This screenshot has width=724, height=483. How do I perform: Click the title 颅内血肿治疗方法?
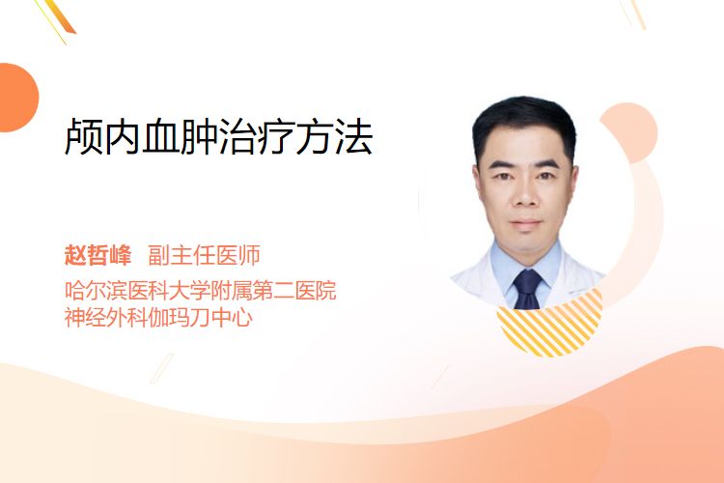(218, 136)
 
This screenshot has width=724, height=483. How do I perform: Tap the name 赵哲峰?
(97, 255)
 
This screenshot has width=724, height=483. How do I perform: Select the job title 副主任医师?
(204, 255)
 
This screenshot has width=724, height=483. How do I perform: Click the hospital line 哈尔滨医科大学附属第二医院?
(201, 290)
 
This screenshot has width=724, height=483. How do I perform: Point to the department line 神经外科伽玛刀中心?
(158, 317)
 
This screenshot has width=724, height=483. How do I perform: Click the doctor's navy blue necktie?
(528, 290)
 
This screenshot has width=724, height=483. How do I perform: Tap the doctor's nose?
(526, 195)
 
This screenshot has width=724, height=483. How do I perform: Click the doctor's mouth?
(526, 224)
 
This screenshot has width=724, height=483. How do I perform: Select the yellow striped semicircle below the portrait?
(549, 326)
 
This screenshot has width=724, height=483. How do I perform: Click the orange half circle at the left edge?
(17, 98)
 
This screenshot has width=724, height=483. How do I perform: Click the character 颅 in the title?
(84, 136)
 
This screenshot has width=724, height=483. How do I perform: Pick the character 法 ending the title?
(354, 136)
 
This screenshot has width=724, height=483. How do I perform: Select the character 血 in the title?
(160, 136)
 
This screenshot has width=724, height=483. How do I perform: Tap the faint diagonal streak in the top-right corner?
(634, 13)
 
